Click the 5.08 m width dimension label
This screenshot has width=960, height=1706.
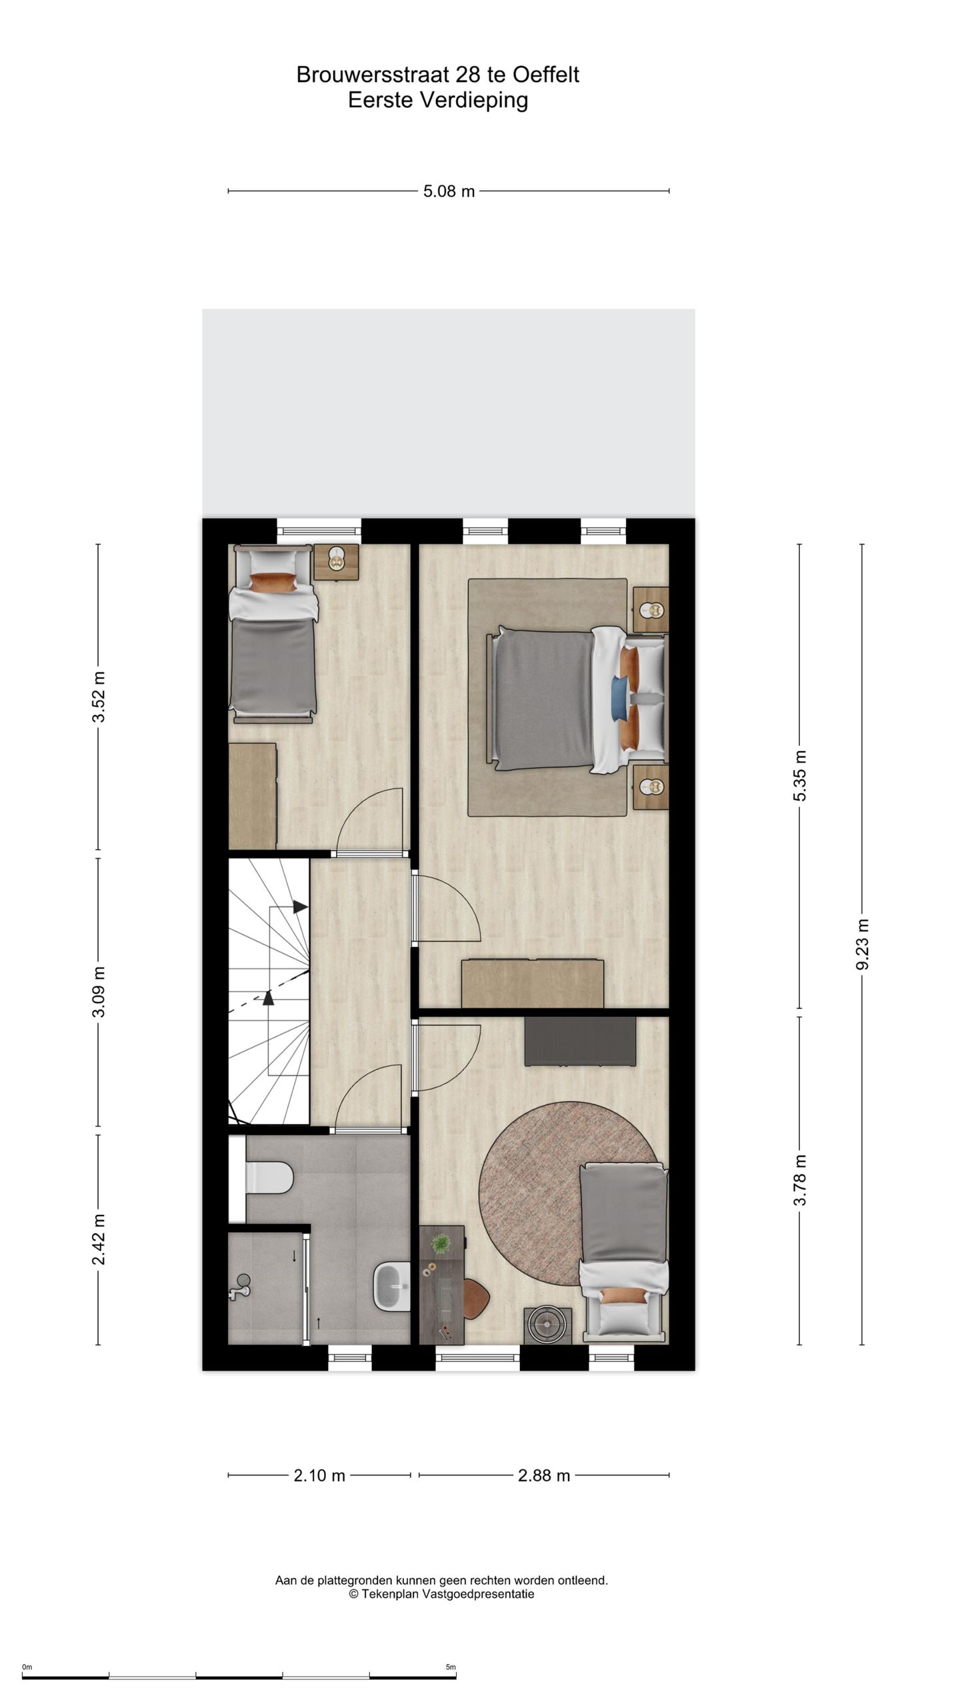[449, 191]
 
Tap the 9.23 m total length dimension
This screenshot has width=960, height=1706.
[862, 944]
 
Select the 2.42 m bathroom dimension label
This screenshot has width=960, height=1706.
[99, 1239]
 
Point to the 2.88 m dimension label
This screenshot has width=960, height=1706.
[543, 1475]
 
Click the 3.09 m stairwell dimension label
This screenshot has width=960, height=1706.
[99, 992]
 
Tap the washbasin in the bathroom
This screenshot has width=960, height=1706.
[391, 1287]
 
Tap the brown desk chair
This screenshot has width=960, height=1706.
[477, 1299]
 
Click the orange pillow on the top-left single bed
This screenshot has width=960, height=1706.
[273, 582]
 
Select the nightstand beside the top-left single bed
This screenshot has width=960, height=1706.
[337, 562]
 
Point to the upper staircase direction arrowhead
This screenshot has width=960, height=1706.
[300, 907]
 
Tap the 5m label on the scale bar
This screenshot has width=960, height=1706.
[451, 1667]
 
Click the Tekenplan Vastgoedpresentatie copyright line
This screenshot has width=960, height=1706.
[441, 1594]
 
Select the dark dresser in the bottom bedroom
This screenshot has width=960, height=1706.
[579, 1041]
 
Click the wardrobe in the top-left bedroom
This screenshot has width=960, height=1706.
[252, 796]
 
